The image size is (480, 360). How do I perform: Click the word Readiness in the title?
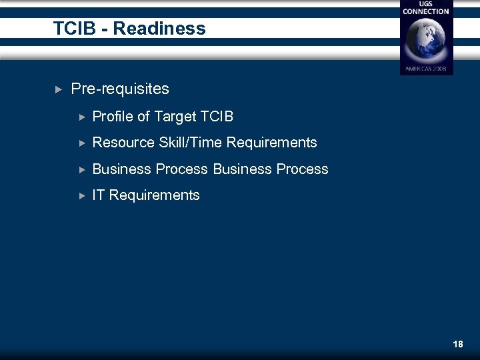click(x=159, y=29)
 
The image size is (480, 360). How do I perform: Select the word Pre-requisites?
click(x=120, y=89)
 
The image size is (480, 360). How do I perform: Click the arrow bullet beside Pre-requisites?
click(x=58, y=89)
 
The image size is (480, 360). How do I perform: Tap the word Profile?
click(x=113, y=117)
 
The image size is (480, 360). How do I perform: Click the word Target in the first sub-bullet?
click(x=175, y=117)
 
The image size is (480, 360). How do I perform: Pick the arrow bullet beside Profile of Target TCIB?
click(x=82, y=117)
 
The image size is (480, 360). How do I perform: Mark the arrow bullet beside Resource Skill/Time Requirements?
click(x=82, y=143)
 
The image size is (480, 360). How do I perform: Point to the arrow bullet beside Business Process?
click(x=82, y=169)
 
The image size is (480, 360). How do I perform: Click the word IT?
click(x=99, y=195)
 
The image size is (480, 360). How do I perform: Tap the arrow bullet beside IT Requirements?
click(x=82, y=195)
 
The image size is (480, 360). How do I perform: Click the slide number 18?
click(x=457, y=344)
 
